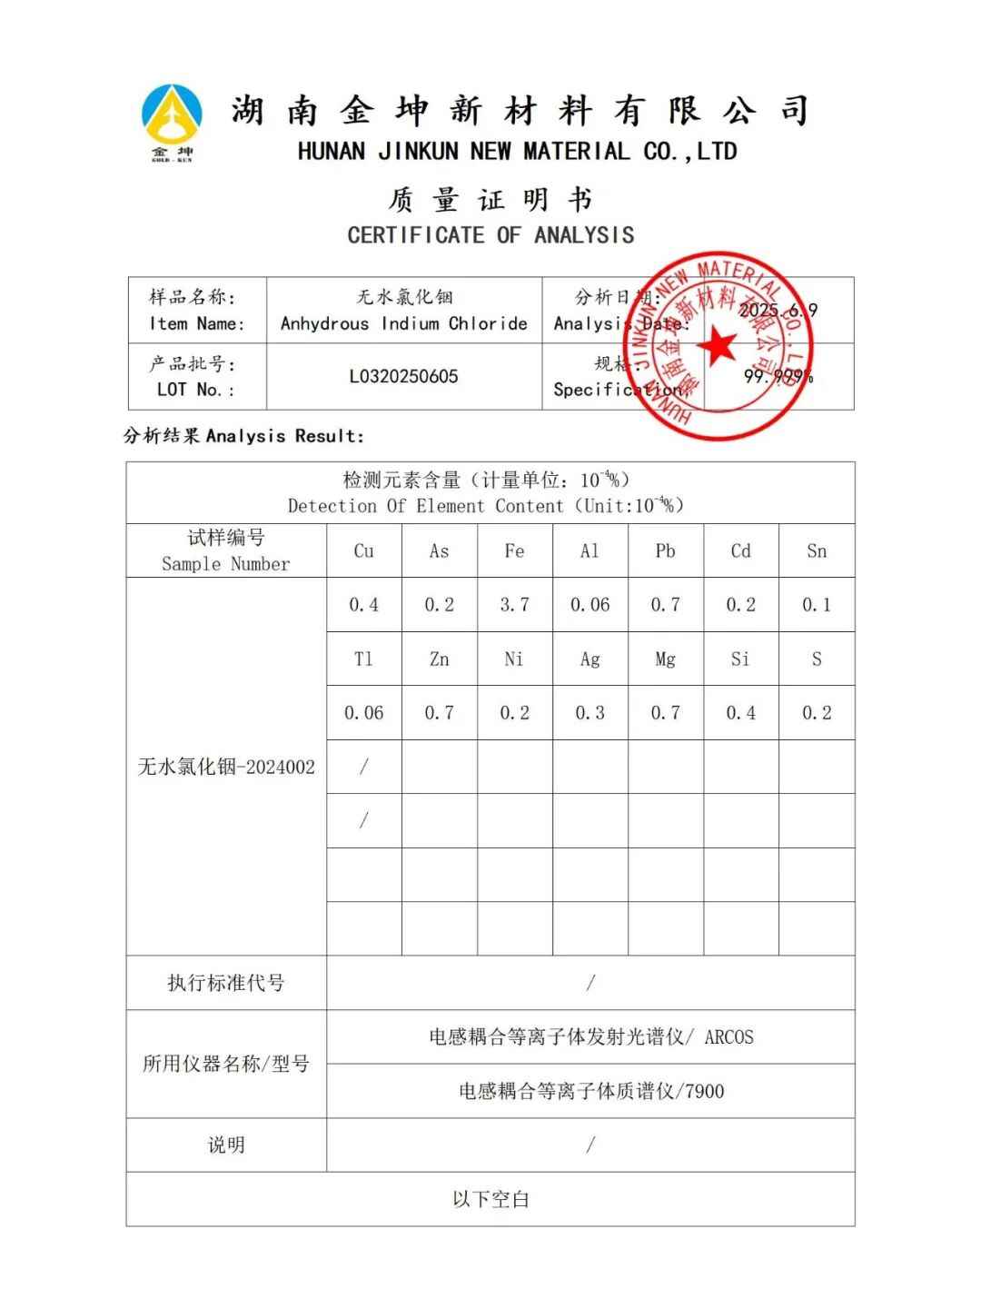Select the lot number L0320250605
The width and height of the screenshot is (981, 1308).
403,376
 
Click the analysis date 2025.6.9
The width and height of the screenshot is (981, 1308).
778,310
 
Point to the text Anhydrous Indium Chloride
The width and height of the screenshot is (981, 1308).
403,323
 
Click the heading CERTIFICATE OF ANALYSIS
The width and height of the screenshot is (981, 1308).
490,235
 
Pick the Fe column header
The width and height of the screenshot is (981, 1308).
514,550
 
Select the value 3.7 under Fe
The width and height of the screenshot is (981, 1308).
514,605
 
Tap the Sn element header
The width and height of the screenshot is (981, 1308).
817,550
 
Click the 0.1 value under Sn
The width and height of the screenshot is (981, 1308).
817,605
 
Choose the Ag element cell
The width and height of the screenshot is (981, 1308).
590,659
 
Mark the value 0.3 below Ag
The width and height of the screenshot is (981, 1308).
590,713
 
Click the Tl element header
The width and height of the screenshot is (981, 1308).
363,659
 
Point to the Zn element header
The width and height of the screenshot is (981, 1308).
439,659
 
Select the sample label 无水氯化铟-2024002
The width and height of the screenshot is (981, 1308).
226,767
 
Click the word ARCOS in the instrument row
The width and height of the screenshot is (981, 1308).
728,1037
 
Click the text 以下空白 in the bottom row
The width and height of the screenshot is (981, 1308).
490,1199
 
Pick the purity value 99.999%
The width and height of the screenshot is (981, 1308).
778,376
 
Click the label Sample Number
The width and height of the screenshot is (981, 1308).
226,564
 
